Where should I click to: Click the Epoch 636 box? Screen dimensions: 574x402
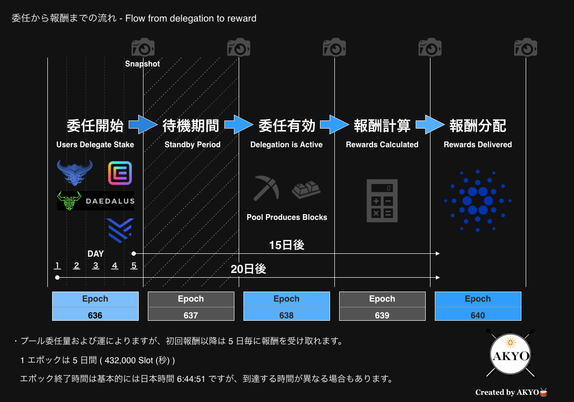95,306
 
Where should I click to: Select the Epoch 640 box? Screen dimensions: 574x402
478,306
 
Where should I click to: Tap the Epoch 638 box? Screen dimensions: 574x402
287,306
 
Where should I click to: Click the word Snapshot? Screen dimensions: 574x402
142,64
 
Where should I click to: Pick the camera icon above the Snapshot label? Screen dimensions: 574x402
143,47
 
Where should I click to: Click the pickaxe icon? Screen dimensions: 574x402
266,188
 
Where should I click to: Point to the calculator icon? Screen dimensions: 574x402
382,200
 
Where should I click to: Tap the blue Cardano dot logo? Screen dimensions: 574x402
478,201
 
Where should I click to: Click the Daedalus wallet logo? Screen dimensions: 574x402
96,201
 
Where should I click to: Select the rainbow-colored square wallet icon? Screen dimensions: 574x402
120,173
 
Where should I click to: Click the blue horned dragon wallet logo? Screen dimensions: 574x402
75,173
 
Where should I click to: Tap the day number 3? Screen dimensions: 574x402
96,265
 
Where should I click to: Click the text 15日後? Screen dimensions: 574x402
287,245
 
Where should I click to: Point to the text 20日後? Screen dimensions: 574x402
248,269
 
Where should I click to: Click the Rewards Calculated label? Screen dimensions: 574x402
382,144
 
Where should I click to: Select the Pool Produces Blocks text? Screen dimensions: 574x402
287,217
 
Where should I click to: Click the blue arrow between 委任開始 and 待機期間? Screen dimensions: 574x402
143,124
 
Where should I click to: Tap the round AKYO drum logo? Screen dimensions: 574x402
510,354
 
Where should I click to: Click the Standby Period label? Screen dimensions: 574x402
192,144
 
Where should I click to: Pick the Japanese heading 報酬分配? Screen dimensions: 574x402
478,126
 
